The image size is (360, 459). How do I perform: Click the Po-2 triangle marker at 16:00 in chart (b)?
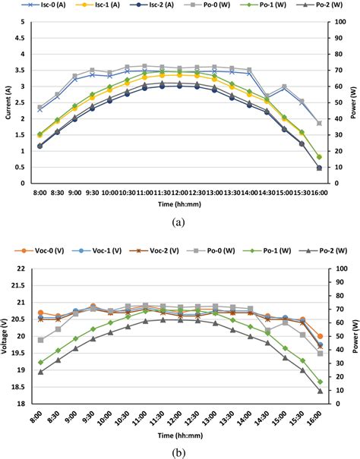tap(320, 391)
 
